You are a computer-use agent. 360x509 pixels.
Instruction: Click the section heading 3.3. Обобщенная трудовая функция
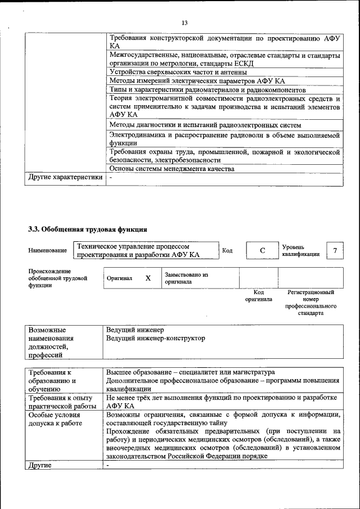[x=88, y=229]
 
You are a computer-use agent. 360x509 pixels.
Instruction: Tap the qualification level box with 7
[x=335, y=250]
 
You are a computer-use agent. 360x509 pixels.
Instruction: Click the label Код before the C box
[x=227, y=250]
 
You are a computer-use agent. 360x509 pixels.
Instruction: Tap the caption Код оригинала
[x=258, y=296]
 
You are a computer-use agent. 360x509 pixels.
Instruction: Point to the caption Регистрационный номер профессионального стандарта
[x=310, y=303]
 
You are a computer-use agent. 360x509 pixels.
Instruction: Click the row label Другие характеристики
[x=65, y=178]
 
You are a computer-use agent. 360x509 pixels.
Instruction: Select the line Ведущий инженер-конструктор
[x=156, y=339]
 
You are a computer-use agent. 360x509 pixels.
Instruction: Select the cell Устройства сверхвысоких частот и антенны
[x=178, y=72]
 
